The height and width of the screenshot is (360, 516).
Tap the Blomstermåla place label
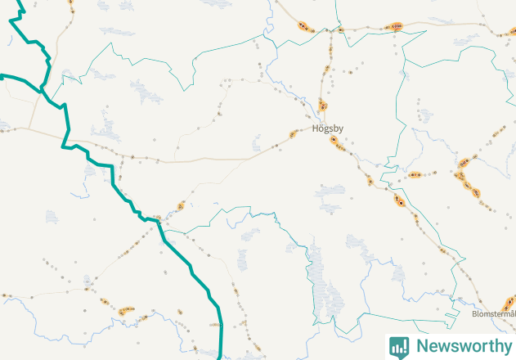494,313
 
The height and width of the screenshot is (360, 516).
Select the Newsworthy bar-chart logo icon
399,346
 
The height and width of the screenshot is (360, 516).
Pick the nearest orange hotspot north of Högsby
323,106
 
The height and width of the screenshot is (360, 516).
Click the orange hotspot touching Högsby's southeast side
334,140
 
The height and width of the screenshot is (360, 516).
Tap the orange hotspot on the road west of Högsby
293,134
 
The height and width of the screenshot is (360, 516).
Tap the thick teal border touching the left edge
3,76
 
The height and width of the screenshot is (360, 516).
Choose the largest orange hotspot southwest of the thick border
125,309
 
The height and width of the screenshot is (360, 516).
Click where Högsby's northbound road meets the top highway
336,30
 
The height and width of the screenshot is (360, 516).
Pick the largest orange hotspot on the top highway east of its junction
396,27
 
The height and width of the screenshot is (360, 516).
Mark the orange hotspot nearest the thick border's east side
181,205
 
